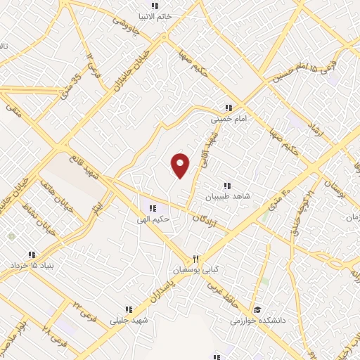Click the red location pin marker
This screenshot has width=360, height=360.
[x=181, y=165]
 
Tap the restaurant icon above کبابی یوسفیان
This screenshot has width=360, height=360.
[x=197, y=258]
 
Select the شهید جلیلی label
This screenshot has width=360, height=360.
[x=125, y=321]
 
